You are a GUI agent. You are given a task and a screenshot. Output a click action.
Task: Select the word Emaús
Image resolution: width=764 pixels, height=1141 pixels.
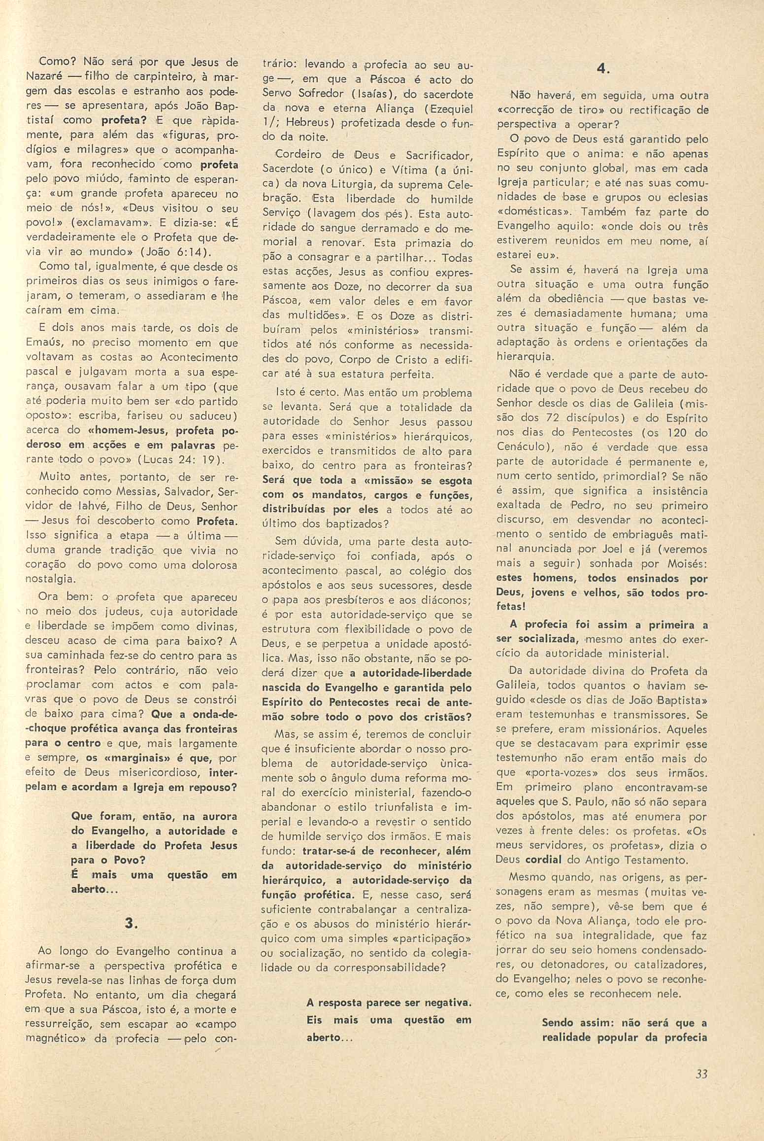41,343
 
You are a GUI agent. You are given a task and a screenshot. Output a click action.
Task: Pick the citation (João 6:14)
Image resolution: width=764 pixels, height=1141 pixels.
176,252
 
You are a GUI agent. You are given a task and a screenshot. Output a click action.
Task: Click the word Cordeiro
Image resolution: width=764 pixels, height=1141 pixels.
296,155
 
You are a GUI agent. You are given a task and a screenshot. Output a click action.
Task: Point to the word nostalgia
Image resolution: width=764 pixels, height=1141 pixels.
49,579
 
